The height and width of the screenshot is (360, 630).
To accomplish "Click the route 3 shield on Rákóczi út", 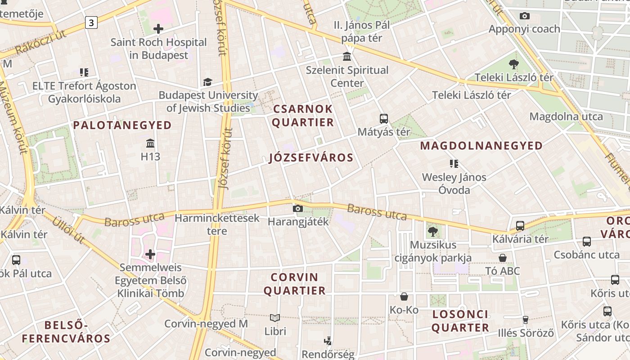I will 91,22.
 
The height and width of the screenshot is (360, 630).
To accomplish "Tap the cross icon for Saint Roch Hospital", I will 158,29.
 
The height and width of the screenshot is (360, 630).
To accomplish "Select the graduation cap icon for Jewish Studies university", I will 207,82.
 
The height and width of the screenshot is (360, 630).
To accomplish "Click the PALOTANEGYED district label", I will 122,125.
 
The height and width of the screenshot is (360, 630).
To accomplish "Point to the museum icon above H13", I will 150,144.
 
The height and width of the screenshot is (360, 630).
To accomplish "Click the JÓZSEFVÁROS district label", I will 311,157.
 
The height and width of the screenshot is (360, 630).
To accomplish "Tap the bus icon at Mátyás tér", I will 384,119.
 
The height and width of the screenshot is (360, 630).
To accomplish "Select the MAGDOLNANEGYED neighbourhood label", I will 481,146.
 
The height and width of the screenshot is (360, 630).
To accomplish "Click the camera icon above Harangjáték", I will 297,209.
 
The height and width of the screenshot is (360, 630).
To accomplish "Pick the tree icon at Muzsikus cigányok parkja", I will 433,232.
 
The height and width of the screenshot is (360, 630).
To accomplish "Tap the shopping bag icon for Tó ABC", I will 503,258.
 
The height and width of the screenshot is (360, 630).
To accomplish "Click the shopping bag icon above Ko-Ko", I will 404,297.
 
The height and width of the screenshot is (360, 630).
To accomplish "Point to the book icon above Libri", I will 275,318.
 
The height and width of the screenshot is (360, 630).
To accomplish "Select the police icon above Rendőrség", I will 328,341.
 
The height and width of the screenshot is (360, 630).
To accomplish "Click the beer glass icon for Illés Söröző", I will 525,320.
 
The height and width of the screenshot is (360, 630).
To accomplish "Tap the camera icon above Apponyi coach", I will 524,16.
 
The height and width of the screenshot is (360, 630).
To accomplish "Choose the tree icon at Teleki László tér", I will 514,64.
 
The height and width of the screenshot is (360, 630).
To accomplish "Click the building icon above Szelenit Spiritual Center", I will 347,57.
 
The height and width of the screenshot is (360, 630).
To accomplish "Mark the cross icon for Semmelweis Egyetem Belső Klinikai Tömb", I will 150,255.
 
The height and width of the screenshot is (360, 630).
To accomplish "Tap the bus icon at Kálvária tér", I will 520,226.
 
